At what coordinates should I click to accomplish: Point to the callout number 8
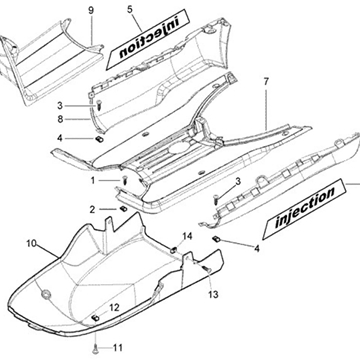click(89, 119)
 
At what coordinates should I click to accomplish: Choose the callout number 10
click(31, 243)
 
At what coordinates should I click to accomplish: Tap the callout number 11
click(117, 349)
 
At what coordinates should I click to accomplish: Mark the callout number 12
click(114, 306)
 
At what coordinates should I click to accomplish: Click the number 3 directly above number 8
click(89, 104)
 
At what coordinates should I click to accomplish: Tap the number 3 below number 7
click(238, 181)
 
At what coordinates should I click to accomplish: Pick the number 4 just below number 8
click(89, 137)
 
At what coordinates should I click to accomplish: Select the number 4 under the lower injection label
click(257, 246)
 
